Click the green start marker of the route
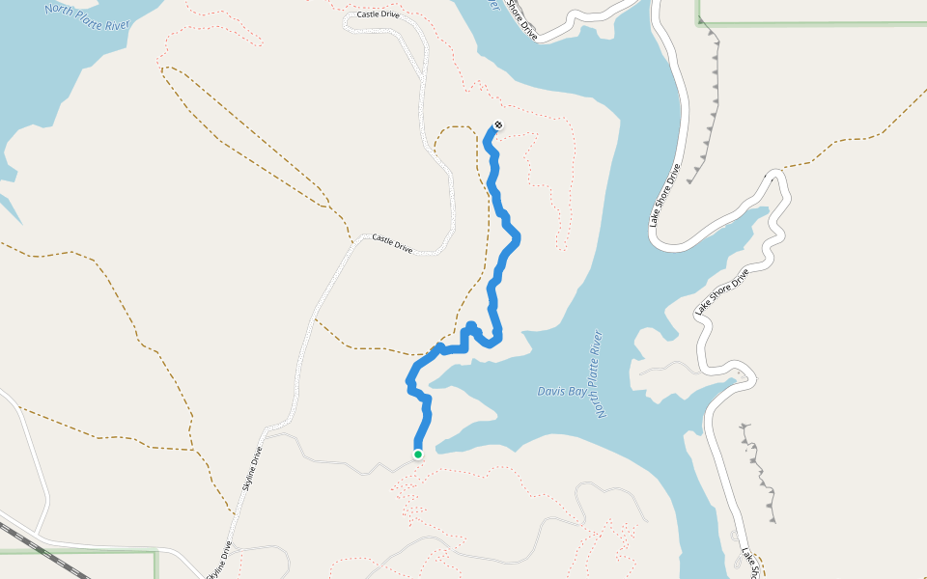point(418,454)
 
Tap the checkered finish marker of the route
point(498,124)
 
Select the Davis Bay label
point(561,391)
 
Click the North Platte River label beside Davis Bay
point(600,374)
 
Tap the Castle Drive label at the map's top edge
point(377,15)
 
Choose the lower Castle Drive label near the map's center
point(393,243)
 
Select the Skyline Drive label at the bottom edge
point(218,560)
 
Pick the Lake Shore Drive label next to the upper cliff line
point(665,196)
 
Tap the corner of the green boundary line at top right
point(698,21)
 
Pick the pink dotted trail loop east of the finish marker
point(546,183)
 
